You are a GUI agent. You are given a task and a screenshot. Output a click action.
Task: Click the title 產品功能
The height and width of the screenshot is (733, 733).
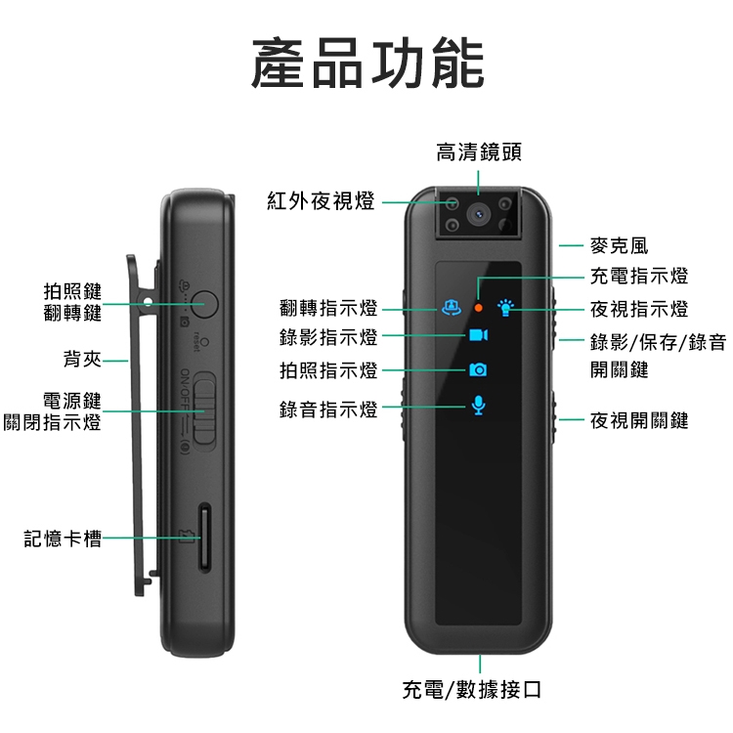pos(367,64)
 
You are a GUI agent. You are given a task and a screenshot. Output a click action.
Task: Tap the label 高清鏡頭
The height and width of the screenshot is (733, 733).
pos(479,152)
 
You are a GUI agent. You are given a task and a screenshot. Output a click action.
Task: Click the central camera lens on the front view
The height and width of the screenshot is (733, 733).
pos(478,215)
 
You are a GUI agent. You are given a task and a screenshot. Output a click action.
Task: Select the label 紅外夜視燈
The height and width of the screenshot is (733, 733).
pos(321,201)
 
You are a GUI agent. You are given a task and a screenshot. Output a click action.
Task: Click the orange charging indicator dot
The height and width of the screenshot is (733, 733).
pos(478,308)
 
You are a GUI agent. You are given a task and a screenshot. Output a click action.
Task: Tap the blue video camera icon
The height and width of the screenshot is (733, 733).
pos(479,335)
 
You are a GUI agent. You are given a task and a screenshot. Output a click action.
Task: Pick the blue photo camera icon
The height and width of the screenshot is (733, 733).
pos(478,369)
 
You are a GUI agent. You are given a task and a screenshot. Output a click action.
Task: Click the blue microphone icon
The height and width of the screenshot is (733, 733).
pos(478,405)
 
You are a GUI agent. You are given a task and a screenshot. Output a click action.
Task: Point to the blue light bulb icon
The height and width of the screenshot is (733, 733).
pos(505,308)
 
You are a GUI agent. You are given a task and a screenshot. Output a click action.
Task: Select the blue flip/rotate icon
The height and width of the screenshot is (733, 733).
pos(452,308)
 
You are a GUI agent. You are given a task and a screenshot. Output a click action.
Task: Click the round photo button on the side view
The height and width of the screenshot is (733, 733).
pos(205,304)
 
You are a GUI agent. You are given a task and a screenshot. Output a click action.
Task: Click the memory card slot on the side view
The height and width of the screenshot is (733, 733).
pos(204,538)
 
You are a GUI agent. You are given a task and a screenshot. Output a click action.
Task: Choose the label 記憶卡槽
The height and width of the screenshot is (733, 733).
pos(63,539)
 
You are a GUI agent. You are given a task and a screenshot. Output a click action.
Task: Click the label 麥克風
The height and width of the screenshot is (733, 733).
pos(619,246)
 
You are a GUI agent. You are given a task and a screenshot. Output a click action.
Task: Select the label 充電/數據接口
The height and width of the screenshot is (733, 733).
pos(472,690)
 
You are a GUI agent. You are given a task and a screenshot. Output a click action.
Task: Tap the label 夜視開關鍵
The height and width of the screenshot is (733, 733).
pos(639,420)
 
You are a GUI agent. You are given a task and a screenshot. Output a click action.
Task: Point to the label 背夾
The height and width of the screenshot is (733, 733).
pos(82,359)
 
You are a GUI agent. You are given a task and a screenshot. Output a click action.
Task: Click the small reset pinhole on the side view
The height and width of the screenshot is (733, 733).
pos(204,342)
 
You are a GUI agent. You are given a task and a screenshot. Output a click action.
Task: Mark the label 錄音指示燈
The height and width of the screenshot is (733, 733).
pos(328,410)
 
